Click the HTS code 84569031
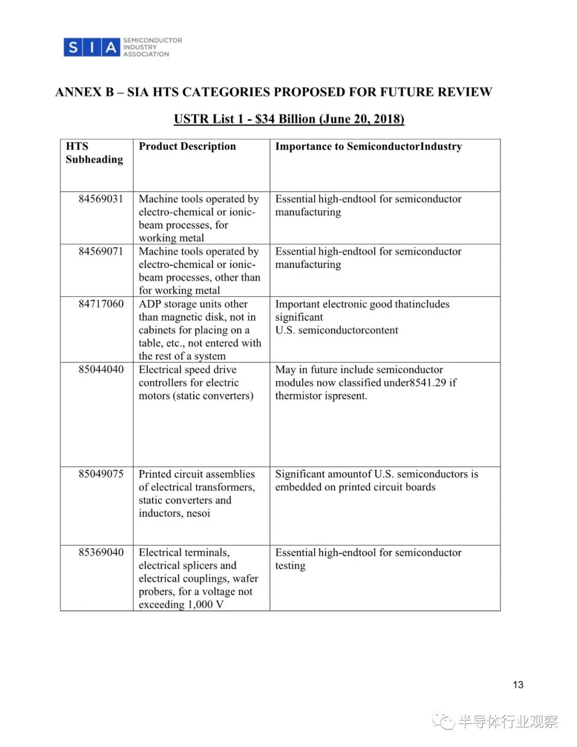coord(101,199)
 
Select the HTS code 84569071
coord(101,251)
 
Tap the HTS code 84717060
coord(101,304)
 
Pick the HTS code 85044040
coord(101,369)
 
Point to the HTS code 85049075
coord(101,474)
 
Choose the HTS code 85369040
coord(101,552)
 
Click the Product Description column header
coord(187,147)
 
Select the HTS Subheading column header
coord(94,153)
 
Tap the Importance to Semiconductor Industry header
coord(368,147)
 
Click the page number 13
coord(518,685)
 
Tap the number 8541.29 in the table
coord(428,383)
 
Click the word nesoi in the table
coord(197,513)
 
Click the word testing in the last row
coord(290,566)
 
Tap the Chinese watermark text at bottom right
coord(507,722)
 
